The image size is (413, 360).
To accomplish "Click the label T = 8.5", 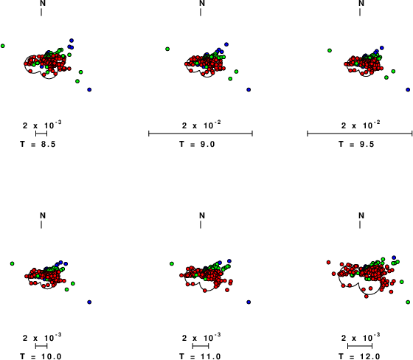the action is click(38, 144).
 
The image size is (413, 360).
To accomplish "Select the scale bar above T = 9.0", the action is click(201, 134).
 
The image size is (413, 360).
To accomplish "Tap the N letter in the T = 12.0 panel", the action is click(361, 215).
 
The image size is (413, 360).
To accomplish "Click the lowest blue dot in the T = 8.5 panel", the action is click(89, 89).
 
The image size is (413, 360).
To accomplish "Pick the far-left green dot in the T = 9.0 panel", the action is click(167, 49).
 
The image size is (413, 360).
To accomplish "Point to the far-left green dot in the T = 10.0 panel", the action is click(12, 263).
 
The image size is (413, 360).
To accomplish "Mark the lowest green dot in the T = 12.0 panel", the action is click(408, 302).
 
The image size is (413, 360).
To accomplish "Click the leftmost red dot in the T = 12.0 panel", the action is click(328, 262).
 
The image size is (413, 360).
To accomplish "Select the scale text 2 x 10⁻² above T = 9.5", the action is click(361, 125).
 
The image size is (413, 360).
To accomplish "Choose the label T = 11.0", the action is click(200, 356).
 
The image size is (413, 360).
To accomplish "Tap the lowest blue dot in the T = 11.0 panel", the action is click(249, 302).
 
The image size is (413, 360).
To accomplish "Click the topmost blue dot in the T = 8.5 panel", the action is click(72, 41).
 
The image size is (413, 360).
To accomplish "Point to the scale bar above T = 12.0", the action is click(360, 346).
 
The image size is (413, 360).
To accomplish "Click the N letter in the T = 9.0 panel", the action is click(202, 3).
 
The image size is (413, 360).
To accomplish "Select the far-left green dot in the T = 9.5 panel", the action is click(330, 50).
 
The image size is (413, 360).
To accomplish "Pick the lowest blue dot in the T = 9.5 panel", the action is click(408, 89).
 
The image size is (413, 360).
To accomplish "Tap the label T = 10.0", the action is click(41, 356).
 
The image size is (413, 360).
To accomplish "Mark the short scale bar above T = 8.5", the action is click(41, 134).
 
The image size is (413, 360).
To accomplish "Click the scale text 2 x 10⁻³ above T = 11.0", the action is click(201, 337).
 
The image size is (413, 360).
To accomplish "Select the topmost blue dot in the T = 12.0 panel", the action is click(394, 257).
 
